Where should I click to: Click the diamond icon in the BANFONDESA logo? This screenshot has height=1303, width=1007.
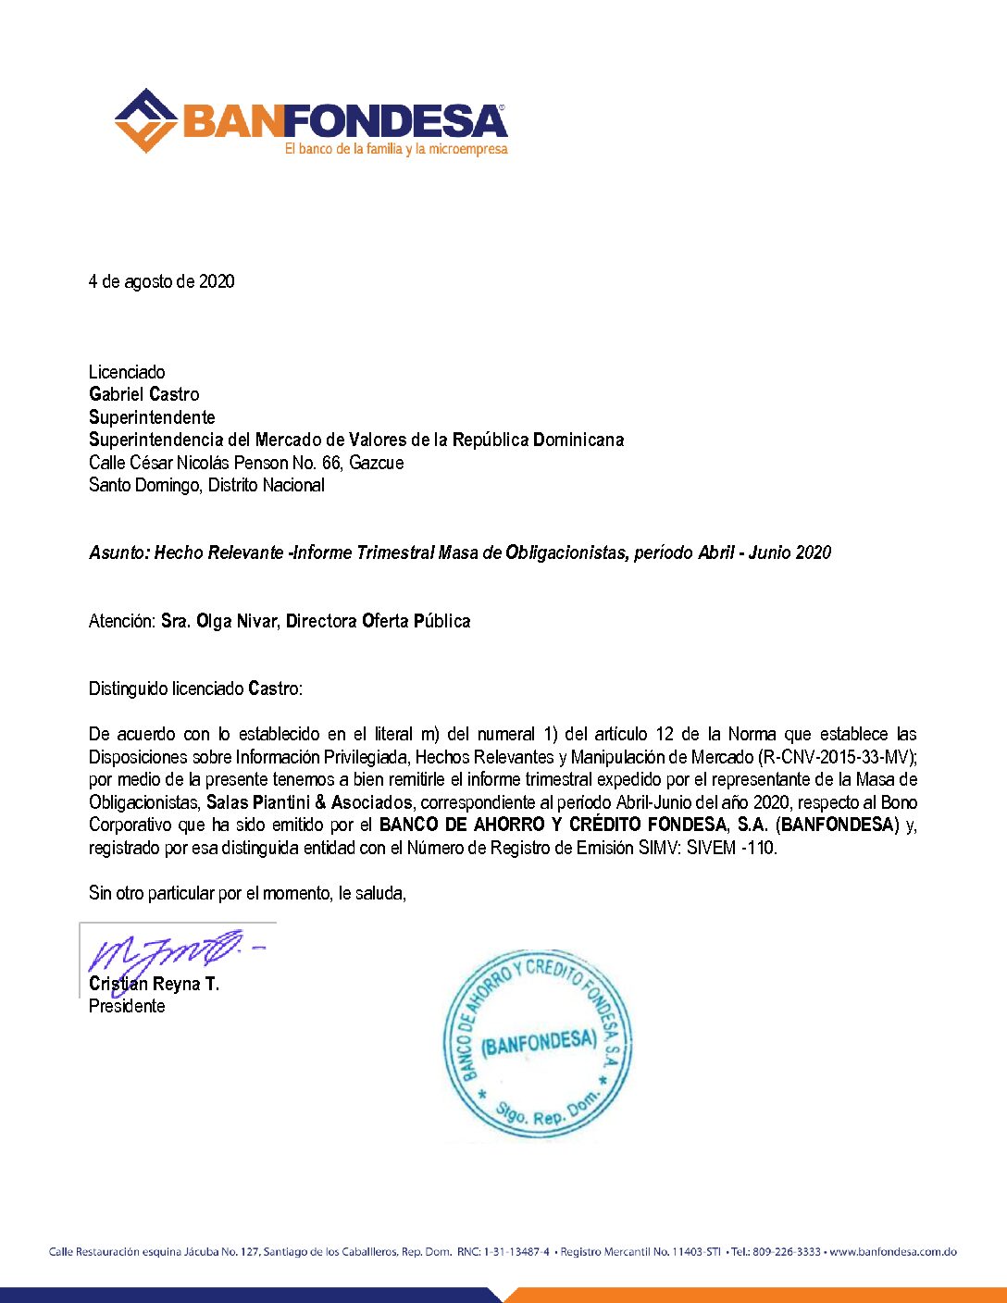point(145,120)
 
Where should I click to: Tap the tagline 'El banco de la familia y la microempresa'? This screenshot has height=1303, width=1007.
point(396,149)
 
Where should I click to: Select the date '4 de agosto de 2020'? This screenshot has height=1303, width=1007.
point(161,281)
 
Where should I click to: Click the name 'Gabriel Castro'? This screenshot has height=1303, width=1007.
point(143,394)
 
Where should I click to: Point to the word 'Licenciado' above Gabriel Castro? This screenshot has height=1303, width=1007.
point(127,372)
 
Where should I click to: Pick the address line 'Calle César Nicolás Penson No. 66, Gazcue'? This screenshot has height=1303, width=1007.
point(246,463)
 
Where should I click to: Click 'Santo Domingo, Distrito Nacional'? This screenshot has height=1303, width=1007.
point(206,485)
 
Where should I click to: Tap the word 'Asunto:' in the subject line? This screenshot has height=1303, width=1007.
point(119,552)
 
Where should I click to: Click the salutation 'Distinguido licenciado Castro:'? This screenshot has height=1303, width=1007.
point(195,689)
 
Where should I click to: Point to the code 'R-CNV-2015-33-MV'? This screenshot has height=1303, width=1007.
point(835,757)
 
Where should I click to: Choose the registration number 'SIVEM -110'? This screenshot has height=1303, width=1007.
point(731,848)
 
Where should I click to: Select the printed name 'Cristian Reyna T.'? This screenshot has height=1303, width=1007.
point(154,984)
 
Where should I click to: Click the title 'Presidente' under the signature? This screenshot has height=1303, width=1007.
point(127,1006)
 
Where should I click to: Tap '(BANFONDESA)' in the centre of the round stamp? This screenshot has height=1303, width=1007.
point(539,1043)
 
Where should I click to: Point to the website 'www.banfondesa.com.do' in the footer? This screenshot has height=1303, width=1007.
point(893,1252)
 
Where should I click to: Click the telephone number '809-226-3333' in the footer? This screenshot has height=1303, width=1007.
point(786,1252)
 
